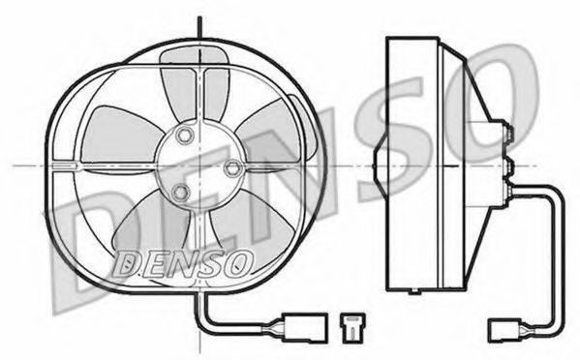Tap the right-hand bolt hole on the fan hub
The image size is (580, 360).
coord(231,167)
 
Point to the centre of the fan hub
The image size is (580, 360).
coord(198,163)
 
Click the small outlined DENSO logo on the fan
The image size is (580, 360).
coord(184,260)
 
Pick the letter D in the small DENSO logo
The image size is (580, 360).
coord(127,260)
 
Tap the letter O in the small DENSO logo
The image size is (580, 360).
coord(240,260)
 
